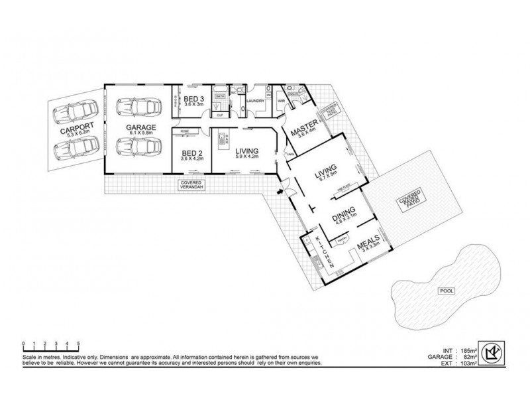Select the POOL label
coord(441,291)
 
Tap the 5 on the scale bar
coord(79,343)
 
